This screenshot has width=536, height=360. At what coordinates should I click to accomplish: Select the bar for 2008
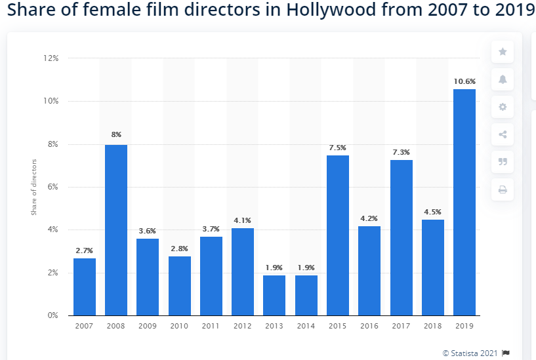pyautogui.click(x=116, y=230)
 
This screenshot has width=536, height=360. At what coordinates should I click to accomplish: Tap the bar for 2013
pyautogui.click(x=274, y=295)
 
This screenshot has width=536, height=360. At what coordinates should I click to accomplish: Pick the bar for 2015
pyautogui.click(x=338, y=235)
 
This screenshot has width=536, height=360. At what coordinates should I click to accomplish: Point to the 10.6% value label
pyautogui.click(x=464, y=81)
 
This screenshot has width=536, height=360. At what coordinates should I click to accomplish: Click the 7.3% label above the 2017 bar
pyautogui.click(x=401, y=152)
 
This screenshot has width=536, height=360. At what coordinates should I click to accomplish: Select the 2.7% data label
pyautogui.click(x=85, y=250)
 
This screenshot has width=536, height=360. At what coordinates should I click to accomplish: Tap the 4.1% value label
pyautogui.click(x=243, y=220)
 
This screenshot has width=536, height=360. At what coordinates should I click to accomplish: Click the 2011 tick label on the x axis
pyautogui.click(x=211, y=326)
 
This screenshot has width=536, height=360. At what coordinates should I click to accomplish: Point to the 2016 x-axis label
pyautogui.click(x=369, y=326)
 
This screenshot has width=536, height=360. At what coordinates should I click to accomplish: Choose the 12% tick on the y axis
pyautogui.click(x=51, y=58)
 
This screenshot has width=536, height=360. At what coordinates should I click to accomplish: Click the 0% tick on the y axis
pyautogui.click(x=52, y=315)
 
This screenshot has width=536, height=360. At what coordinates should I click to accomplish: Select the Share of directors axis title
pyautogui.click(x=34, y=187)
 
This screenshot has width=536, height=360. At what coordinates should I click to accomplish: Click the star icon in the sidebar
pyautogui.click(x=503, y=52)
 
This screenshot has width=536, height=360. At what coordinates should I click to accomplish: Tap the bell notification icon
pyautogui.click(x=503, y=79)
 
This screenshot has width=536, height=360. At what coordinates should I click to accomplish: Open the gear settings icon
pyautogui.click(x=503, y=107)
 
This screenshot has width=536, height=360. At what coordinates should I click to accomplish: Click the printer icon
pyautogui.click(x=503, y=190)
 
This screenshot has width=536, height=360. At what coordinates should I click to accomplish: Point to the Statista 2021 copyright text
pyautogui.click(x=470, y=353)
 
